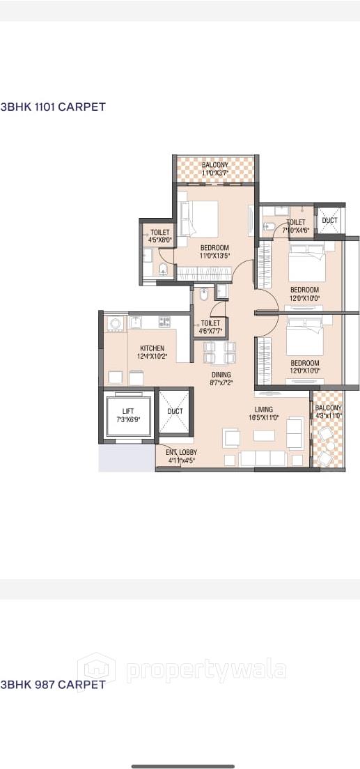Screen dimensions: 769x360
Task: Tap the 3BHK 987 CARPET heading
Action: (53, 685)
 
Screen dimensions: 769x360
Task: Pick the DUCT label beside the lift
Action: (175, 412)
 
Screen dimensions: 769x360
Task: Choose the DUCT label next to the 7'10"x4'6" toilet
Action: (329, 221)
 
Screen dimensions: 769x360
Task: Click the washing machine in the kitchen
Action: (115, 323)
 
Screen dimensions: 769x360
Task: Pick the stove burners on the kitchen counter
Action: (164, 322)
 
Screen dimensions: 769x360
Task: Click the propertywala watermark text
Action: (205, 670)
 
